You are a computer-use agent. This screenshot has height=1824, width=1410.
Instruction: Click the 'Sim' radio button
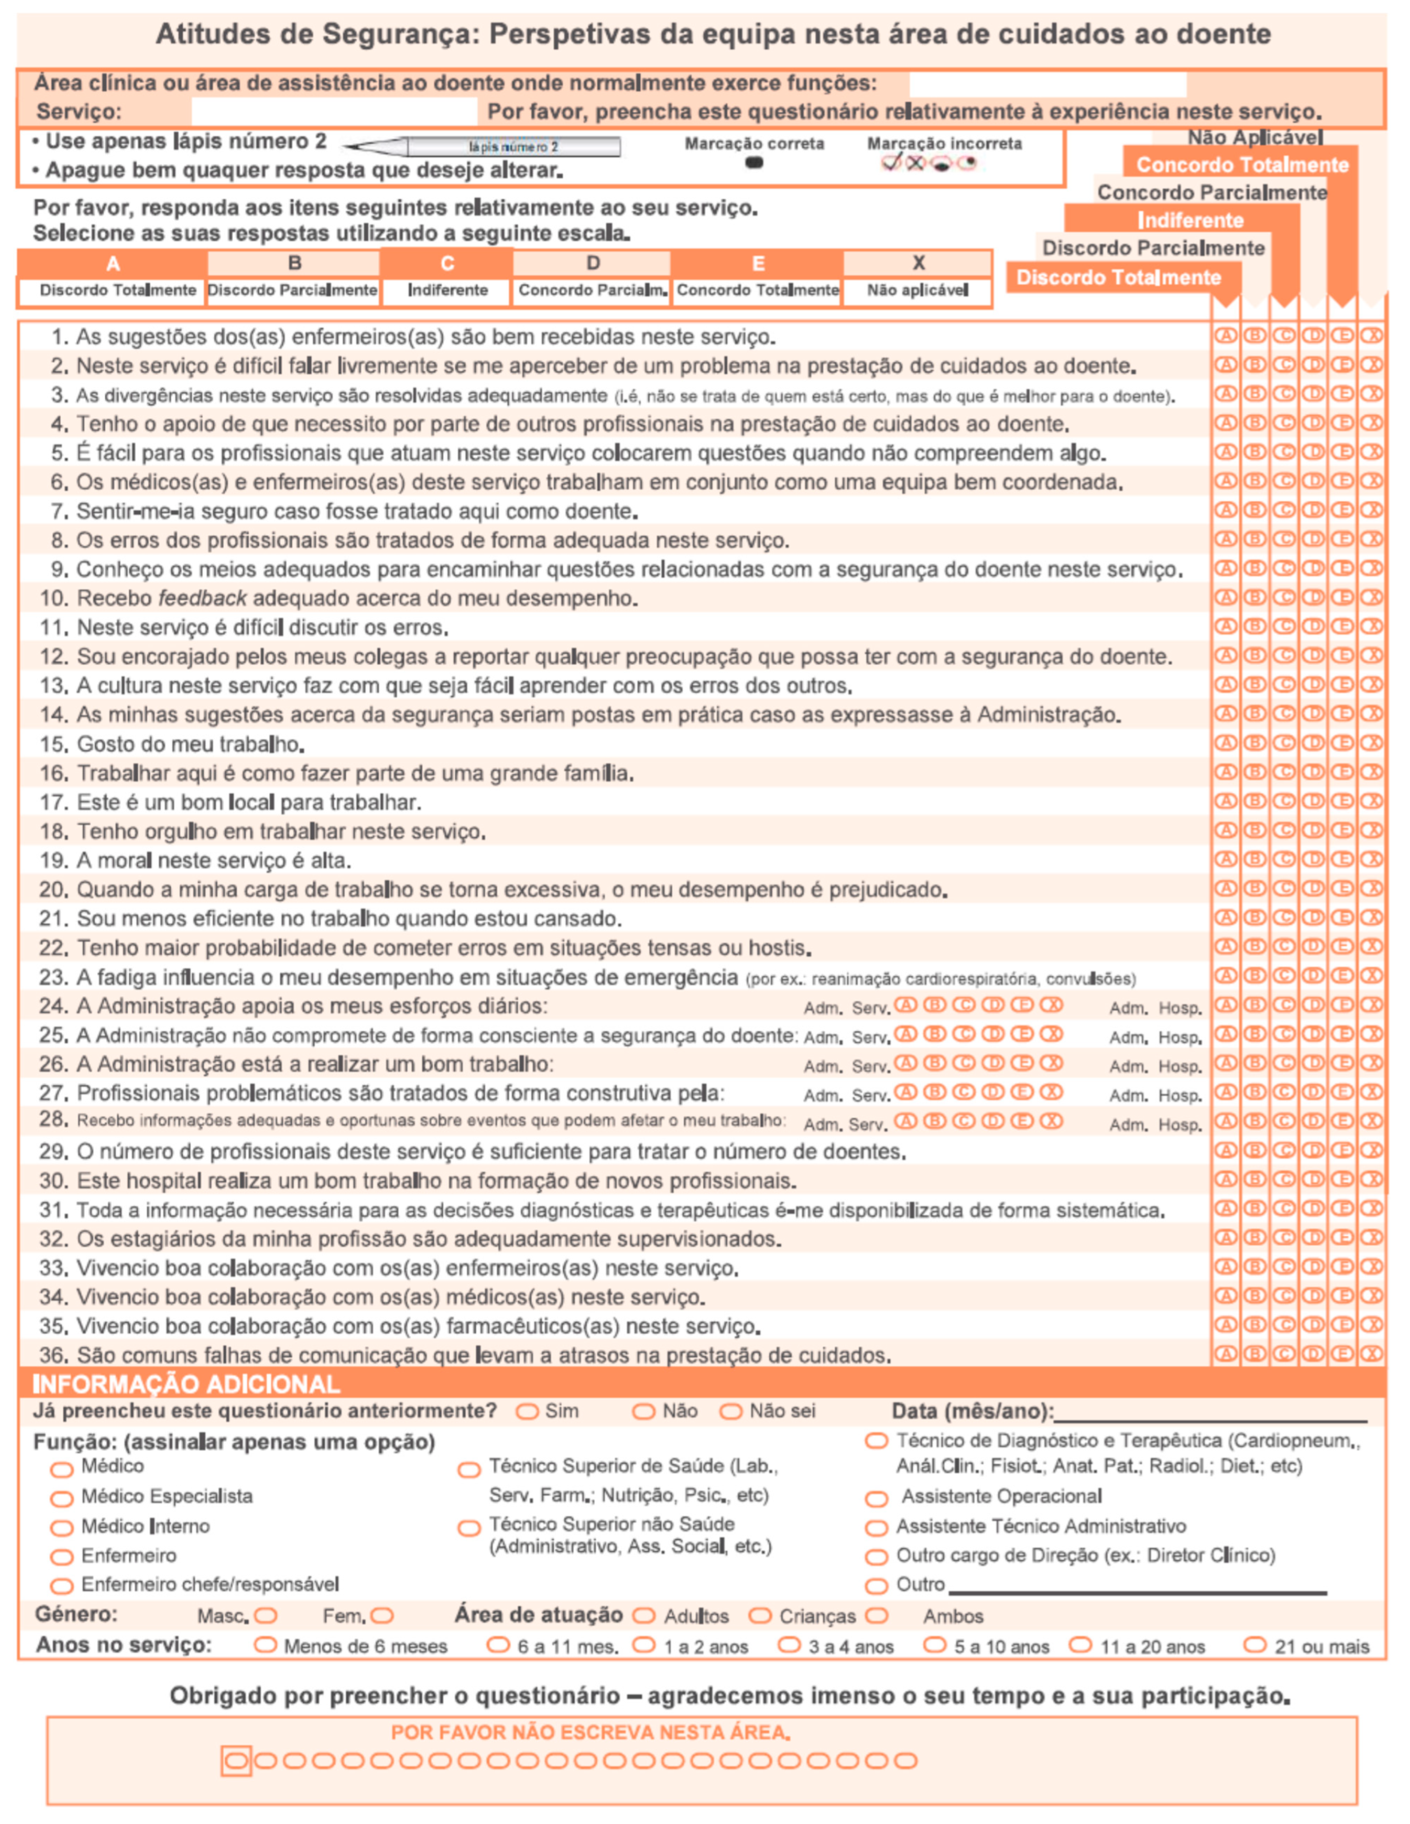point(526,1411)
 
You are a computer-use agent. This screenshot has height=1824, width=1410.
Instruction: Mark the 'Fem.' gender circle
point(383,1616)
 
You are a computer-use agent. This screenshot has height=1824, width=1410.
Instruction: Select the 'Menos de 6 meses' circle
point(265,1645)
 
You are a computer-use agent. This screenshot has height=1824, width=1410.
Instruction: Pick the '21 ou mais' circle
point(1255,1645)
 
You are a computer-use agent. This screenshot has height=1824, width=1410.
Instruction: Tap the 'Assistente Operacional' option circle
point(876,1498)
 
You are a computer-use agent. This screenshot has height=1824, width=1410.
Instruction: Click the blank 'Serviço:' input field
point(334,111)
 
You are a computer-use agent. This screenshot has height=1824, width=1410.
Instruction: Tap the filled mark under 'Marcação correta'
point(754,163)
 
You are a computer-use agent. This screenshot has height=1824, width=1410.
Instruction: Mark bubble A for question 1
point(1225,336)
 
